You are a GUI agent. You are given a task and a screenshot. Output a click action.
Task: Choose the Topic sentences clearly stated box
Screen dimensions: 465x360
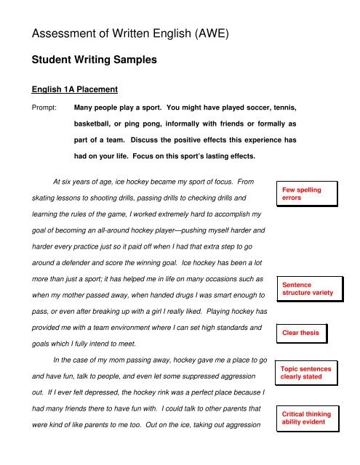(x=306, y=373)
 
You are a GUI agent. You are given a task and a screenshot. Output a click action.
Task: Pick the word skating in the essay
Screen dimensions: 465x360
(x=44, y=197)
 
